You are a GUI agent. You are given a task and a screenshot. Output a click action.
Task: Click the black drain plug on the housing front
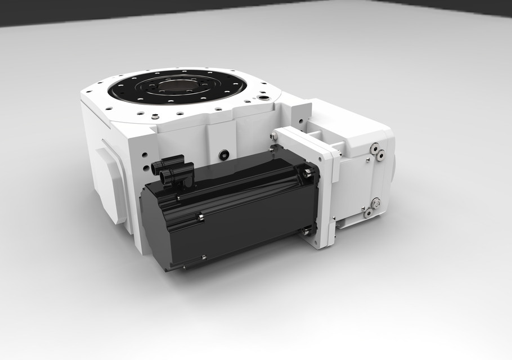point(224,154)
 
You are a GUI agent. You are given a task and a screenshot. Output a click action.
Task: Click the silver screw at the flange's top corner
point(275,137)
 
